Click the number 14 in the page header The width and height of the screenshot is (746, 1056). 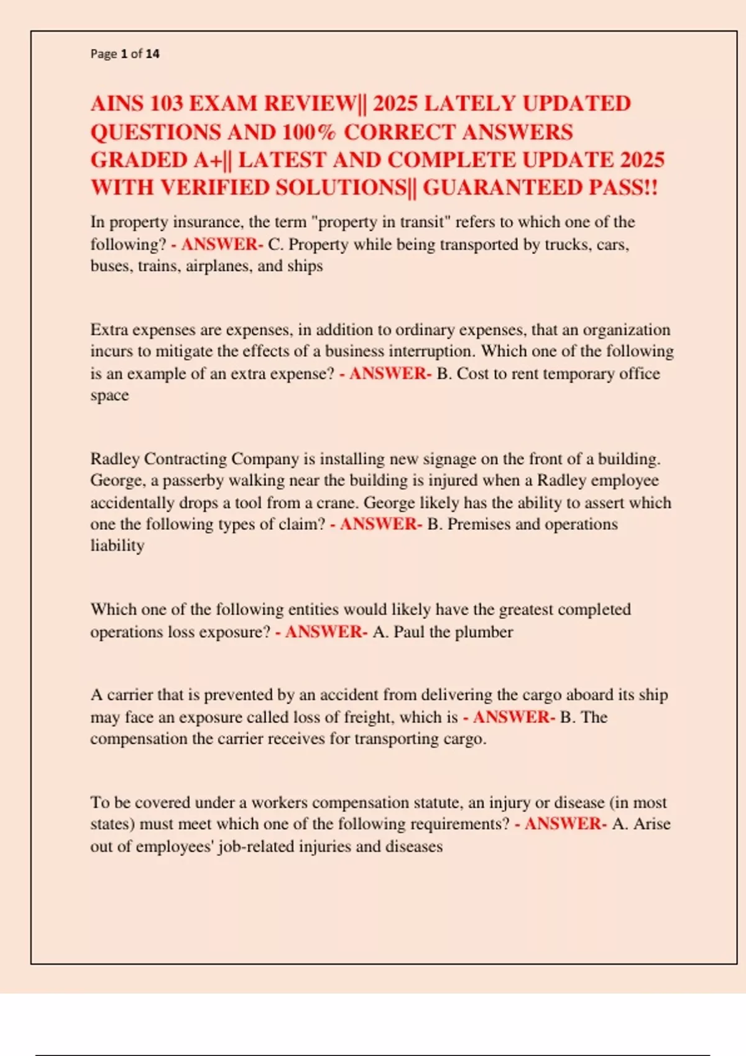pos(152,54)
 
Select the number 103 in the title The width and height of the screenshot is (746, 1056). pos(166,104)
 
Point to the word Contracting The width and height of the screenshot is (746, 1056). pos(185,459)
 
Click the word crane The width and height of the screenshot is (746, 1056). pos(338,503)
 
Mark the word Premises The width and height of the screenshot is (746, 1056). pos(478,524)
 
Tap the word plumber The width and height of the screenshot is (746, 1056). pos(484,632)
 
